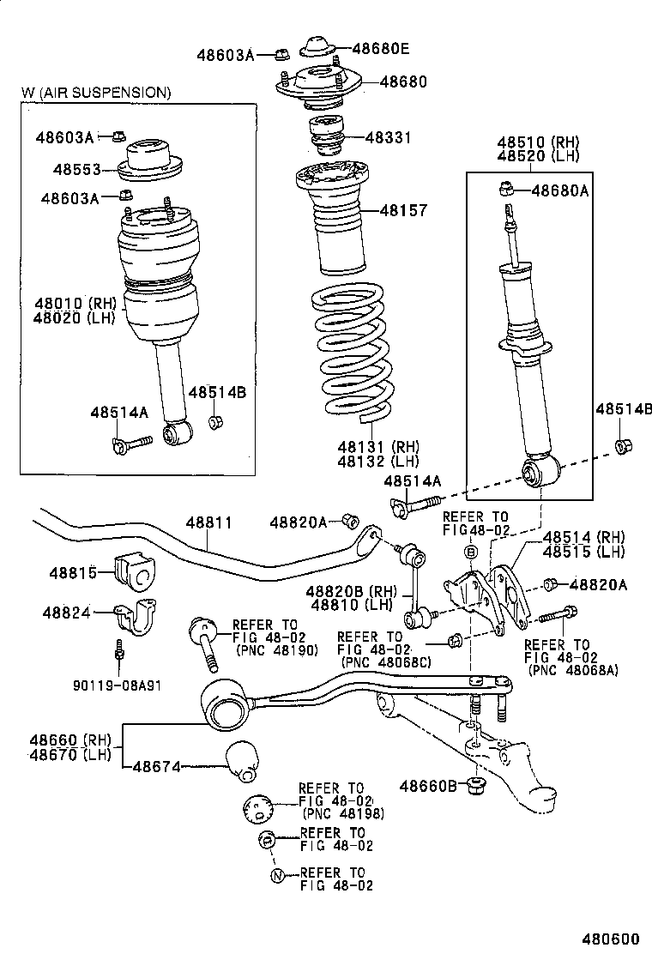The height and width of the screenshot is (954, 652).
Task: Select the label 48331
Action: click(x=388, y=137)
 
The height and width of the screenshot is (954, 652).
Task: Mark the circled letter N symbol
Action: click(x=276, y=875)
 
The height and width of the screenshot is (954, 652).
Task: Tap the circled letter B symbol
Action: click(x=470, y=552)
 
